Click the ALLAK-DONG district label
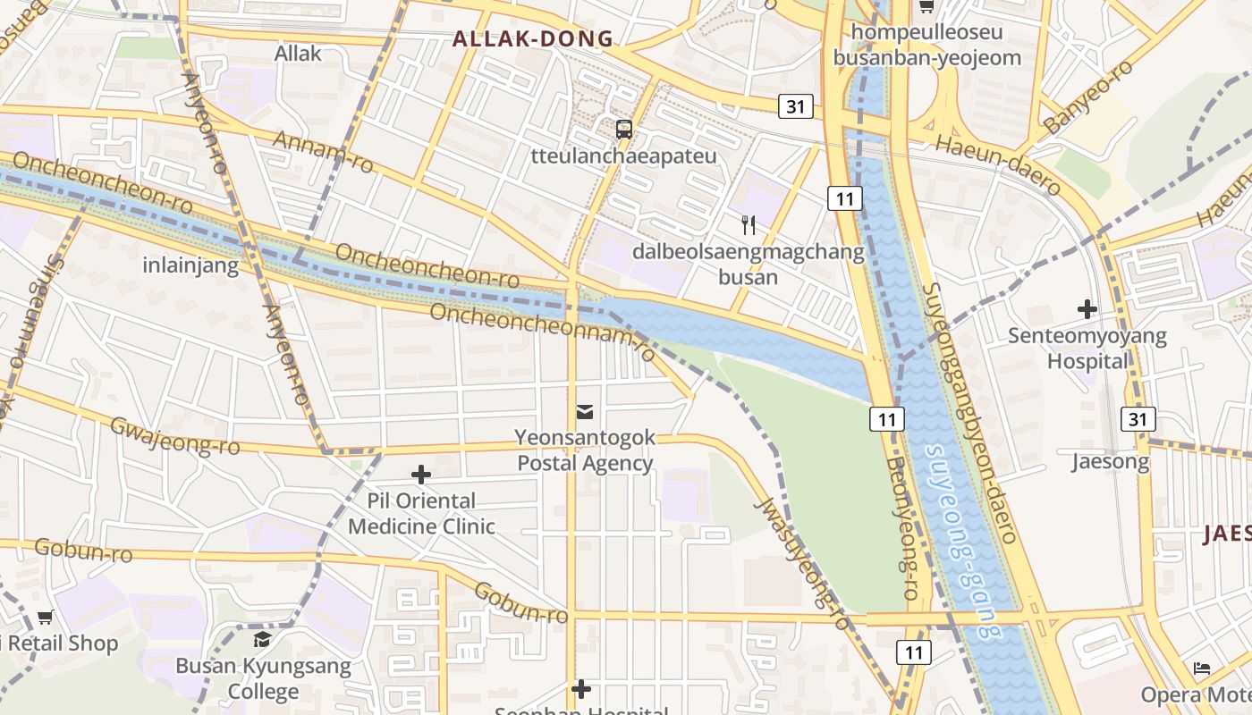pyautogui.click(x=533, y=38)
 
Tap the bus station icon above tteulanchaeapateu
pyautogui.click(x=624, y=129)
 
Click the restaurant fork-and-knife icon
pyautogui.click(x=749, y=224)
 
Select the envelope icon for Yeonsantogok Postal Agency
pyautogui.click(x=585, y=411)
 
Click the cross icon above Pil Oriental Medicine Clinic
pyautogui.click(x=421, y=475)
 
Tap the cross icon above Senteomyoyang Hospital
pyautogui.click(x=1087, y=310)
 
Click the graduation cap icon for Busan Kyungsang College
pyautogui.click(x=262, y=639)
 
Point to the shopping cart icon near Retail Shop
pyautogui.click(x=46, y=617)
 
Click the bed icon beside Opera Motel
pyautogui.click(x=1202, y=669)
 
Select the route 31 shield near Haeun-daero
pyautogui.click(x=795, y=106)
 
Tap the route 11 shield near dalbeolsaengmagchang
pyautogui.click(x=844, y=198)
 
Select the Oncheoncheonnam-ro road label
pyautogui.click(x=543, y=332)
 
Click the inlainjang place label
pyautogui.click(x=190, y=265)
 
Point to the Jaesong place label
pyautogui.click(x=1111, y=462)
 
